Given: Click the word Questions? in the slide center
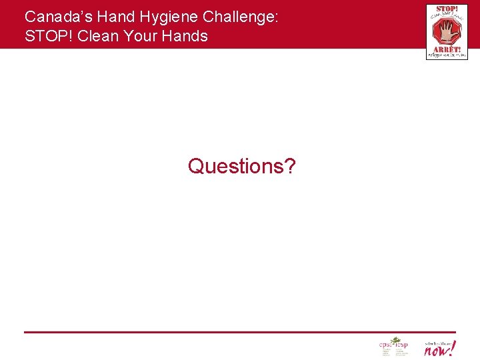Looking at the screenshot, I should (x=241, y=165).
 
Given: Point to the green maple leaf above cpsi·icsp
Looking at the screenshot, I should (x=395, y=340).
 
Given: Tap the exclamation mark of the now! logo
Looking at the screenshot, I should (x=453, y=347).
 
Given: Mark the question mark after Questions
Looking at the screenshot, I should (x=289, y=165).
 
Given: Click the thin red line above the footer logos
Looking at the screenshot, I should (x=240, y=332).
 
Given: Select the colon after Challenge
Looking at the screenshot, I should (x=275, y=18).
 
